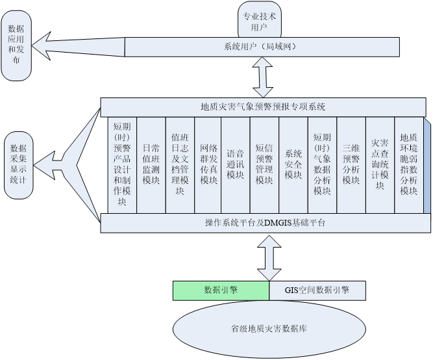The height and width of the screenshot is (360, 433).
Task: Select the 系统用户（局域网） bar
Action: [x=262, y=47]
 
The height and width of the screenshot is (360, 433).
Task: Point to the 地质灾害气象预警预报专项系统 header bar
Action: [x=263, y=107]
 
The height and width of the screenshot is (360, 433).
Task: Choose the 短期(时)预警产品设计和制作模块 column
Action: [x=122, y=165]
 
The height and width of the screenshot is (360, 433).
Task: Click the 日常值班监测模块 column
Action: [x=151, y=165]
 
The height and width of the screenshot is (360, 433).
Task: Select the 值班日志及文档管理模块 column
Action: [x=179, y=165]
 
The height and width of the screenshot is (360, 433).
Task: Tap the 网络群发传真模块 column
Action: [x=207, y=165]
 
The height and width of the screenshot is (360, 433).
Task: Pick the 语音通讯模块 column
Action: [x=235, y=165]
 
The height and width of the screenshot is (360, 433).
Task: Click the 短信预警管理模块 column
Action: [x=264, y=165]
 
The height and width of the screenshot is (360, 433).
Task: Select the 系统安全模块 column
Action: [x=293, y=165]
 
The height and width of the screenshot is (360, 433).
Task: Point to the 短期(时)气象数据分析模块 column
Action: [x=322, y=165]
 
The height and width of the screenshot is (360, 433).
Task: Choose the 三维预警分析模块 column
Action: [x=351, y=165]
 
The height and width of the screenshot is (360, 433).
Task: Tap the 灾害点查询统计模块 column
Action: [x=379, y=165]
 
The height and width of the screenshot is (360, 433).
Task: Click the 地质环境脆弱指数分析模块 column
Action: [x=408, y=165]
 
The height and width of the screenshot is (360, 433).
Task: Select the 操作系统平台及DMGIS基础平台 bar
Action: [x=263, y=223]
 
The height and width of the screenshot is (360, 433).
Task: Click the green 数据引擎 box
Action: [x=221, y=290]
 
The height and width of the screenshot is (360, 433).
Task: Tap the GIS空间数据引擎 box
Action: [x=317, y=290]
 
